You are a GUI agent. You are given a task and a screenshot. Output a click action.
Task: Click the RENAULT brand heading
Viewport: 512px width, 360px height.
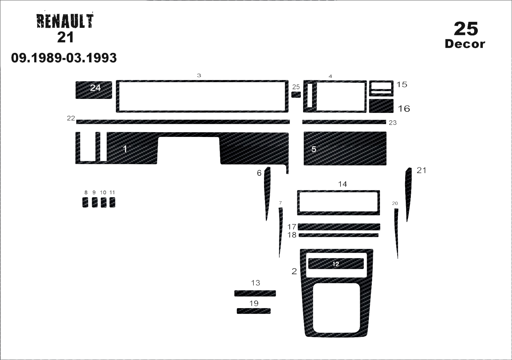click(x=65, y=21)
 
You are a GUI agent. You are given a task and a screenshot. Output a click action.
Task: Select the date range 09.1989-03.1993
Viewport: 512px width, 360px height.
click(x=64, y=58)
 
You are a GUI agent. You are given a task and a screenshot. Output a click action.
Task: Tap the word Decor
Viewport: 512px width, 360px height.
click(x=465, y=44)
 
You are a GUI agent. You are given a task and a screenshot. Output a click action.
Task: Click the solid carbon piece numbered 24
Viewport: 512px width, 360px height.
click(x=94, y=90)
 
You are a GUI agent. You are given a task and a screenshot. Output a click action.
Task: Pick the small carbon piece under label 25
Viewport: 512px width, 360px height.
click(x=296, y=95)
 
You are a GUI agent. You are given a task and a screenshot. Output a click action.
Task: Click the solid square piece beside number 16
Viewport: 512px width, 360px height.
click(x=381, y=106)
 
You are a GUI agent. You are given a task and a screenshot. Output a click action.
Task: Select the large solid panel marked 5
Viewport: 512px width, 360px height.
click(x=345, y=148)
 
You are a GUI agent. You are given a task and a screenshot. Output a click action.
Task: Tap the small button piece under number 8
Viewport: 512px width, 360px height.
click(x=85, y=202)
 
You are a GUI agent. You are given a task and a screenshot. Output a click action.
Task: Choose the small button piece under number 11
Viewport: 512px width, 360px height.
click(x=112, y=202)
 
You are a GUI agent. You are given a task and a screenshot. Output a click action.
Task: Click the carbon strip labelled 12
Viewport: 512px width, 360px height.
click(x=336, y=264)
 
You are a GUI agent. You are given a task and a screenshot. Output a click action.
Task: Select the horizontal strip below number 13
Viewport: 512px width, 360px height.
click(x=255, y=293)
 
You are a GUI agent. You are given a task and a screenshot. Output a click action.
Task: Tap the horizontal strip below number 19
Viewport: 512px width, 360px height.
click(x=254, y=311)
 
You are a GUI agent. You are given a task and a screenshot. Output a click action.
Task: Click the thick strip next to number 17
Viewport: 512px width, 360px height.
click(x=339, y=227)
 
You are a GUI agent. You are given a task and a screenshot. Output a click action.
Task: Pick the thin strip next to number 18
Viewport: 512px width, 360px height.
click(x=339, y=235)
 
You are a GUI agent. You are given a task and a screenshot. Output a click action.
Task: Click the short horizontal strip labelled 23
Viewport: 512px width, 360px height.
click(x=344, y=122)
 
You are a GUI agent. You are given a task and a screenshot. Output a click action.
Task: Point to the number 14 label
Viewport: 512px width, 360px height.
click(x=342, y=184)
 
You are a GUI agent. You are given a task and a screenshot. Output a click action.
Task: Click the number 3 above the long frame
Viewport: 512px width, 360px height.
click(x=199, y=76)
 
